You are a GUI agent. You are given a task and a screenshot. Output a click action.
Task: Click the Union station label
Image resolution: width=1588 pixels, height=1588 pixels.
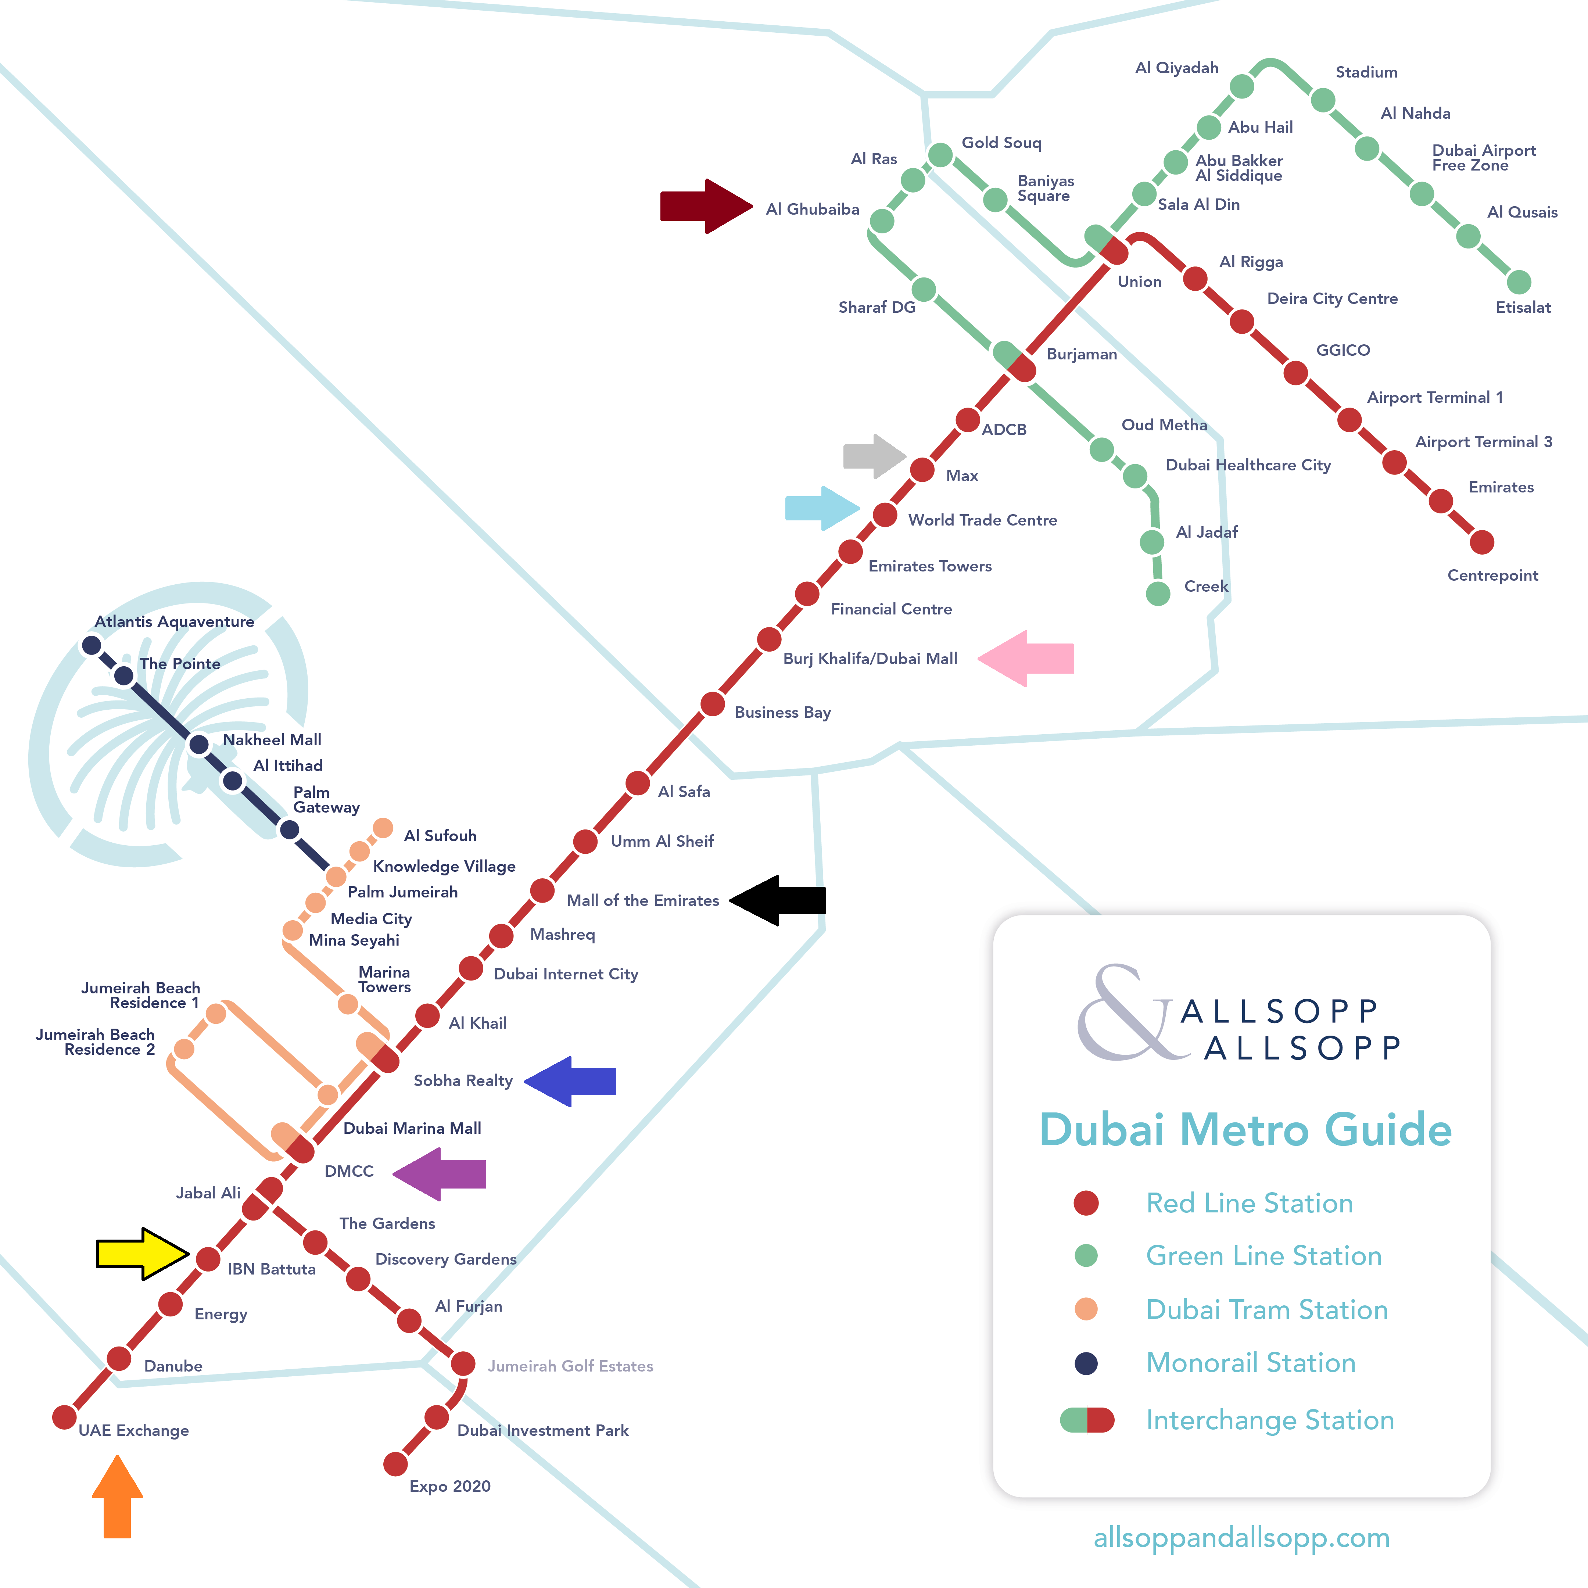click(1139, 282)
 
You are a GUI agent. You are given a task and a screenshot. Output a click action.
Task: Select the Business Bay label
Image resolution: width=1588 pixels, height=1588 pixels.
click(782, 713)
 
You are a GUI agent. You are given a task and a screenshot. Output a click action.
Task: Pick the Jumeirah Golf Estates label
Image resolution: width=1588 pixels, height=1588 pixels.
click(570, 1366)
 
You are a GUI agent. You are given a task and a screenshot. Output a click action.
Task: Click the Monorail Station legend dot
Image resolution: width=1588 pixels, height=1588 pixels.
click(1086, 1363)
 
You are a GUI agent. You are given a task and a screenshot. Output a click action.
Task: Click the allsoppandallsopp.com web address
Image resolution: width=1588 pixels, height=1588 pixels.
click(1241, 1538)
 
